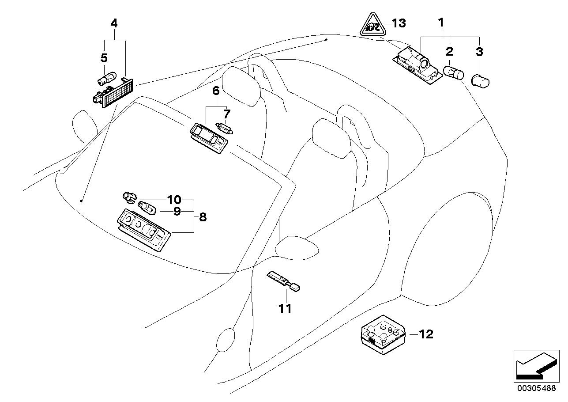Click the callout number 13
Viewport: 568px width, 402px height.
click(x=399, y=23)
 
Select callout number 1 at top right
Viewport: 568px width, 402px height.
click(x=441, y=23)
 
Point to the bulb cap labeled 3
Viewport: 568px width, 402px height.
click(x=480, y=81)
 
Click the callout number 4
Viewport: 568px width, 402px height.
click(x=114, y=23)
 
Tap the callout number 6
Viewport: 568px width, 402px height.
click(x=216, y=91)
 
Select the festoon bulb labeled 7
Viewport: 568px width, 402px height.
click(x=224, y=129)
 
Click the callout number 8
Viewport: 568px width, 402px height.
click(x=203, y=217)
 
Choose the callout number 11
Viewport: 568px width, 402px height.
click(x=285, y=309)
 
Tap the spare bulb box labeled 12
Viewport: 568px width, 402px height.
click(x=383, y=335)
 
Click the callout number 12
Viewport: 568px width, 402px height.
click(x=426, y=334)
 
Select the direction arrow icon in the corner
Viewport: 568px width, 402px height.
click(x=537, y=370)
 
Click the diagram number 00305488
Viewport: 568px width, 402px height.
click(x=536, y=395)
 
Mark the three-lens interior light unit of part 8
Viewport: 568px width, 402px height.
click(x=144, y=230)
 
